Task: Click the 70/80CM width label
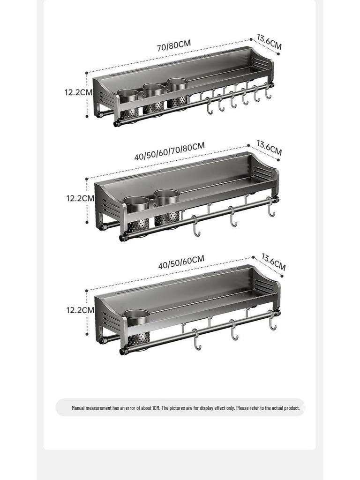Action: pyautogui.click(x=174, y=45)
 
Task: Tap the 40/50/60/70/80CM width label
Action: pyautogui.click(x=169, y=151)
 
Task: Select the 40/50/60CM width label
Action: pyautogui.click(x=181, y=262)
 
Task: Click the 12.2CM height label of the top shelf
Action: pyautogui.click(x=78, y=92)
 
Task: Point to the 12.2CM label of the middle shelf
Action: pyautogui.click(x=80, y=198)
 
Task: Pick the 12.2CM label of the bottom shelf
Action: pyautogui.click(x=80, y=310)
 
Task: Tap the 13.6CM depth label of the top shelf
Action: pyautogui.click(x=269, y=42)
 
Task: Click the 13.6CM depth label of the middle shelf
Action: pyautogui.click(x=269, y=148)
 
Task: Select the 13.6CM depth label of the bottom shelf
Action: pyautogui.click(x=273, y=262)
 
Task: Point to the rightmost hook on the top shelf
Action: pyautogui.click(x=268, y=91)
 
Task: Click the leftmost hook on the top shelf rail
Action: pyautogui.click(x=209, y=106)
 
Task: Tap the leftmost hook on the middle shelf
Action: pyautogui.click(x=196, y=226)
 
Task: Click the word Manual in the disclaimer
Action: pyautogui.click(x=78, y=408)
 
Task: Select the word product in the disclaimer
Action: pyautogui.click(x=291, y=408)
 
